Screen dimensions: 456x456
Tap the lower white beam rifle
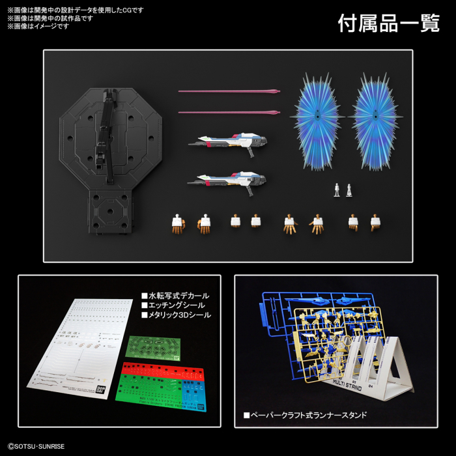[228, 178]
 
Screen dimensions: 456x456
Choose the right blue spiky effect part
[377, 122]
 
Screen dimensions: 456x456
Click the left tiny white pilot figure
[337, 190]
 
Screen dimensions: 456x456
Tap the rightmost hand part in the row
[375, 223]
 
